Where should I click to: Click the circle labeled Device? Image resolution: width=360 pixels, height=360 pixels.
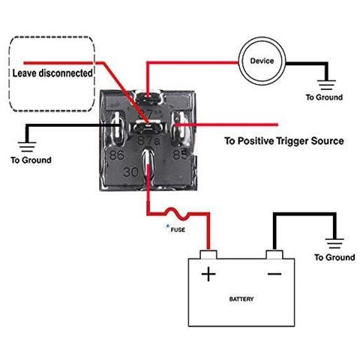(262, 60)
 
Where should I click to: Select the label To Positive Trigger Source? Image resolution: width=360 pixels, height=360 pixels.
(284, 141)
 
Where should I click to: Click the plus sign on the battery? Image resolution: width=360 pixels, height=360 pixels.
(208, 274)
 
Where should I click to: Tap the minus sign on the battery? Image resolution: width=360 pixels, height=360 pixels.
(274, 274)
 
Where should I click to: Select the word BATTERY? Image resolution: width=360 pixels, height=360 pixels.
(241, 298)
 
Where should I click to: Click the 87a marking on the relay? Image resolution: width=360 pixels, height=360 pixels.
(149, 139)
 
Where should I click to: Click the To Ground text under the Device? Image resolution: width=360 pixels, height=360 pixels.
(324, 97)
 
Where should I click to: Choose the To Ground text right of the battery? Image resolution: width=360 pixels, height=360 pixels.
(334, 257)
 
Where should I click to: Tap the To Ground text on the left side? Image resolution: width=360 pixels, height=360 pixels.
(31, 160)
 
